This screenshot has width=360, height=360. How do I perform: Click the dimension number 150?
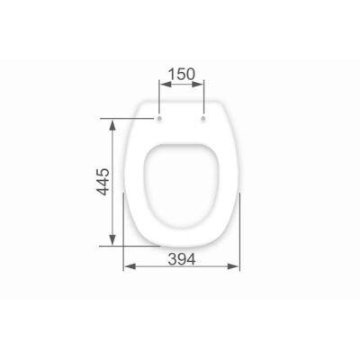[182, 74]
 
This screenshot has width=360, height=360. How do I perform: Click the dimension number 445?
[103, 182]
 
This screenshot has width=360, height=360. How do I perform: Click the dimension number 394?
[182, 259]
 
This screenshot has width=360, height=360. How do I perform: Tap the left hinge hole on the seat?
[159, 119]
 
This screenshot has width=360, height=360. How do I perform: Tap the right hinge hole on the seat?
[203, 119]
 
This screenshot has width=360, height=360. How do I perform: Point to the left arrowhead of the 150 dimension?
[165, 85]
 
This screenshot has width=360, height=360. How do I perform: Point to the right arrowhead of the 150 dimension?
[198, 85]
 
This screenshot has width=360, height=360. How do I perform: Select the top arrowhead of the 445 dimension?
[112, 125]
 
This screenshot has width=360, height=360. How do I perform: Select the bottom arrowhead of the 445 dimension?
[112, 239]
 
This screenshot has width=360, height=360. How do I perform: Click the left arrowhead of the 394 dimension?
[130, 266]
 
